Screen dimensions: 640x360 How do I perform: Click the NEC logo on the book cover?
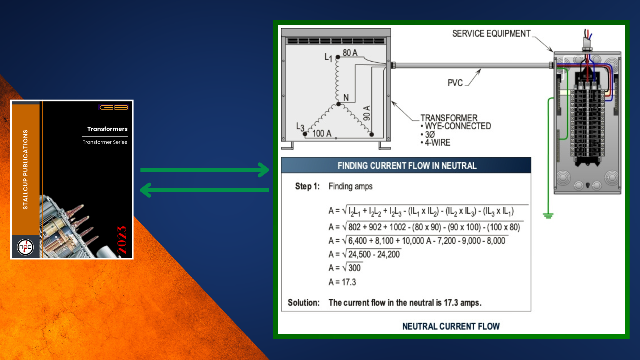(25, 247)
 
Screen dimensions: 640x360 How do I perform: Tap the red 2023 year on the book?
(122, 240)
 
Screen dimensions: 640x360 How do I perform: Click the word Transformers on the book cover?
(107, 129)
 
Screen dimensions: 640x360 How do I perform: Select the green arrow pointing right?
(205, 170)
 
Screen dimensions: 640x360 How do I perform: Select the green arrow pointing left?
(204, 190)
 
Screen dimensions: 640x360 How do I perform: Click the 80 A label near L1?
(350, 53)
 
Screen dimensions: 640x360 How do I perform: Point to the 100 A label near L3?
(322, 133)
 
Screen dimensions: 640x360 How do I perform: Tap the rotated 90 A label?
(367, 113)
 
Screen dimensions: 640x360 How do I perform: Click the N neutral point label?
(346, 97)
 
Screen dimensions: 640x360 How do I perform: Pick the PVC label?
(455, 83)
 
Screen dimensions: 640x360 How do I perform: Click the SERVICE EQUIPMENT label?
(491, 34)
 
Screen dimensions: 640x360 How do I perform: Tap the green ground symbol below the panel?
(548, 215)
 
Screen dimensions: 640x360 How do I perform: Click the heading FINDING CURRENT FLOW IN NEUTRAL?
(407, 166)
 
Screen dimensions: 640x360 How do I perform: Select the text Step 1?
(307, 186)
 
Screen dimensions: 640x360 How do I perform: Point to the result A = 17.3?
(342, 282)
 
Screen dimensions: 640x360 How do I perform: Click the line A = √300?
(345, 268)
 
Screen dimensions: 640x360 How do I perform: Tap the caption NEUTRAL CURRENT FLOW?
(451, 326)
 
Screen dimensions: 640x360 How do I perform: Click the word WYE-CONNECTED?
(458, 126)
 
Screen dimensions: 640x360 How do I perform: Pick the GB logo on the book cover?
(114, 107)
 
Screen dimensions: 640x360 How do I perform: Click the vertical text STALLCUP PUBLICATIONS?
(25, 169)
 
